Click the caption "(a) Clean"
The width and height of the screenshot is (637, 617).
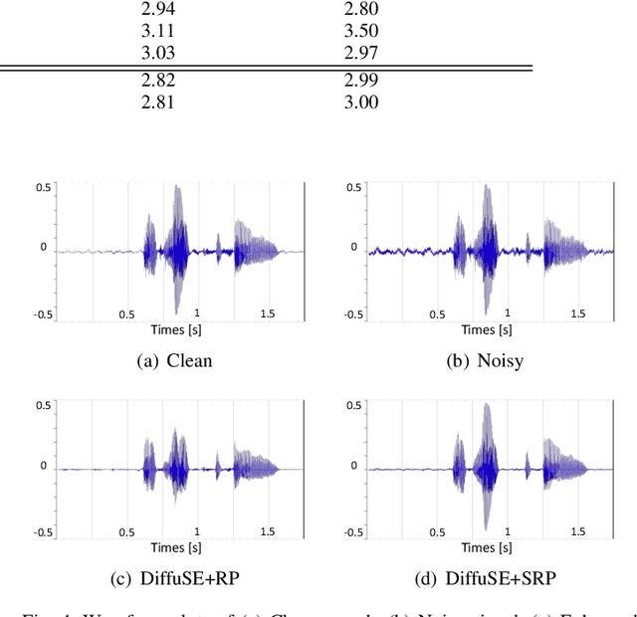(173, 360)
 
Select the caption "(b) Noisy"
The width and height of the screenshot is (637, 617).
(485, 360)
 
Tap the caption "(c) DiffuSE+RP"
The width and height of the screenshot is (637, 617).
(174, 579)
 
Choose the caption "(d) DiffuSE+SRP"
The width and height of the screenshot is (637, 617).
(485, 579)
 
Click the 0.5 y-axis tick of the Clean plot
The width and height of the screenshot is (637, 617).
(42, 187)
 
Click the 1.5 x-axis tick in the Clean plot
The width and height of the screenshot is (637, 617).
(266, 313)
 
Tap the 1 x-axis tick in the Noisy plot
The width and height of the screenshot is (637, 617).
(509, 313)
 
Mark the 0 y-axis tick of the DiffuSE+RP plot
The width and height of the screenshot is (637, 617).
(44, 465)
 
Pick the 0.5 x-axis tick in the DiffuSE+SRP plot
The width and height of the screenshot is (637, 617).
(438, 532)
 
